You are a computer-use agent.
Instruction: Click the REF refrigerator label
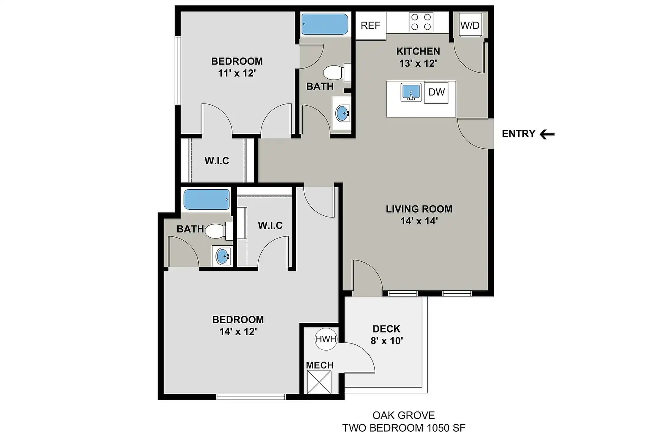click(x=370, y=25)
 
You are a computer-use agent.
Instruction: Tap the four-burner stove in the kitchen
click(x=421, y=22)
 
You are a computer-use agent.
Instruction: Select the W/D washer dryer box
click(x=470, y=25)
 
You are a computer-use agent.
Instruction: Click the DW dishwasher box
click(x=436, y=93)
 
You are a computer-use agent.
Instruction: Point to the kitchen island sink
click(x=411, y=92)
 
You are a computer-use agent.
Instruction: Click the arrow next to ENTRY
click(x=547, y=134)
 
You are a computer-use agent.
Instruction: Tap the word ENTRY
click(x=518, y=134)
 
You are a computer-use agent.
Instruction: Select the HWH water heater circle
click(x=326, y=339)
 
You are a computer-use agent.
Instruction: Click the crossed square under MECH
click(x=319, y=382)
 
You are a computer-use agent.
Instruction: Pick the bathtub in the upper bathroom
click(x=325, y=24)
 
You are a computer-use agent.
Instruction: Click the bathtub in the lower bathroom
click(x=206, y=199)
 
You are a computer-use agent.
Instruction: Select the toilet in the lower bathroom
click(x=218, y=231)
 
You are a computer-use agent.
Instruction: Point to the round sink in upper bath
click(x=343, y=113)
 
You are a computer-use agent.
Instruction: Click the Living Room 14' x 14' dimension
click(x=419, y=221)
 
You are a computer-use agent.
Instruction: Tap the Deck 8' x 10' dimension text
click(x=387, y=341)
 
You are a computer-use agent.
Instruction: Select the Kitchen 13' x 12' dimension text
click(x=418, y=64)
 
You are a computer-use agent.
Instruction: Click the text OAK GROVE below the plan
click(x=403, y=415)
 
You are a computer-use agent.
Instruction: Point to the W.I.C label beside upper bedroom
click(x=217, y=161)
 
